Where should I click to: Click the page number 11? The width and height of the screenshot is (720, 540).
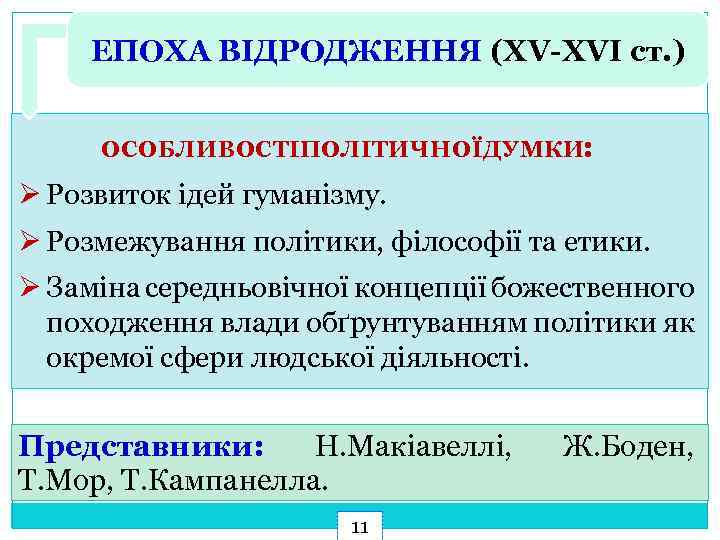[361, 526]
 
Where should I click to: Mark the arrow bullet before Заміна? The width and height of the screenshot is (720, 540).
[29, 288]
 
